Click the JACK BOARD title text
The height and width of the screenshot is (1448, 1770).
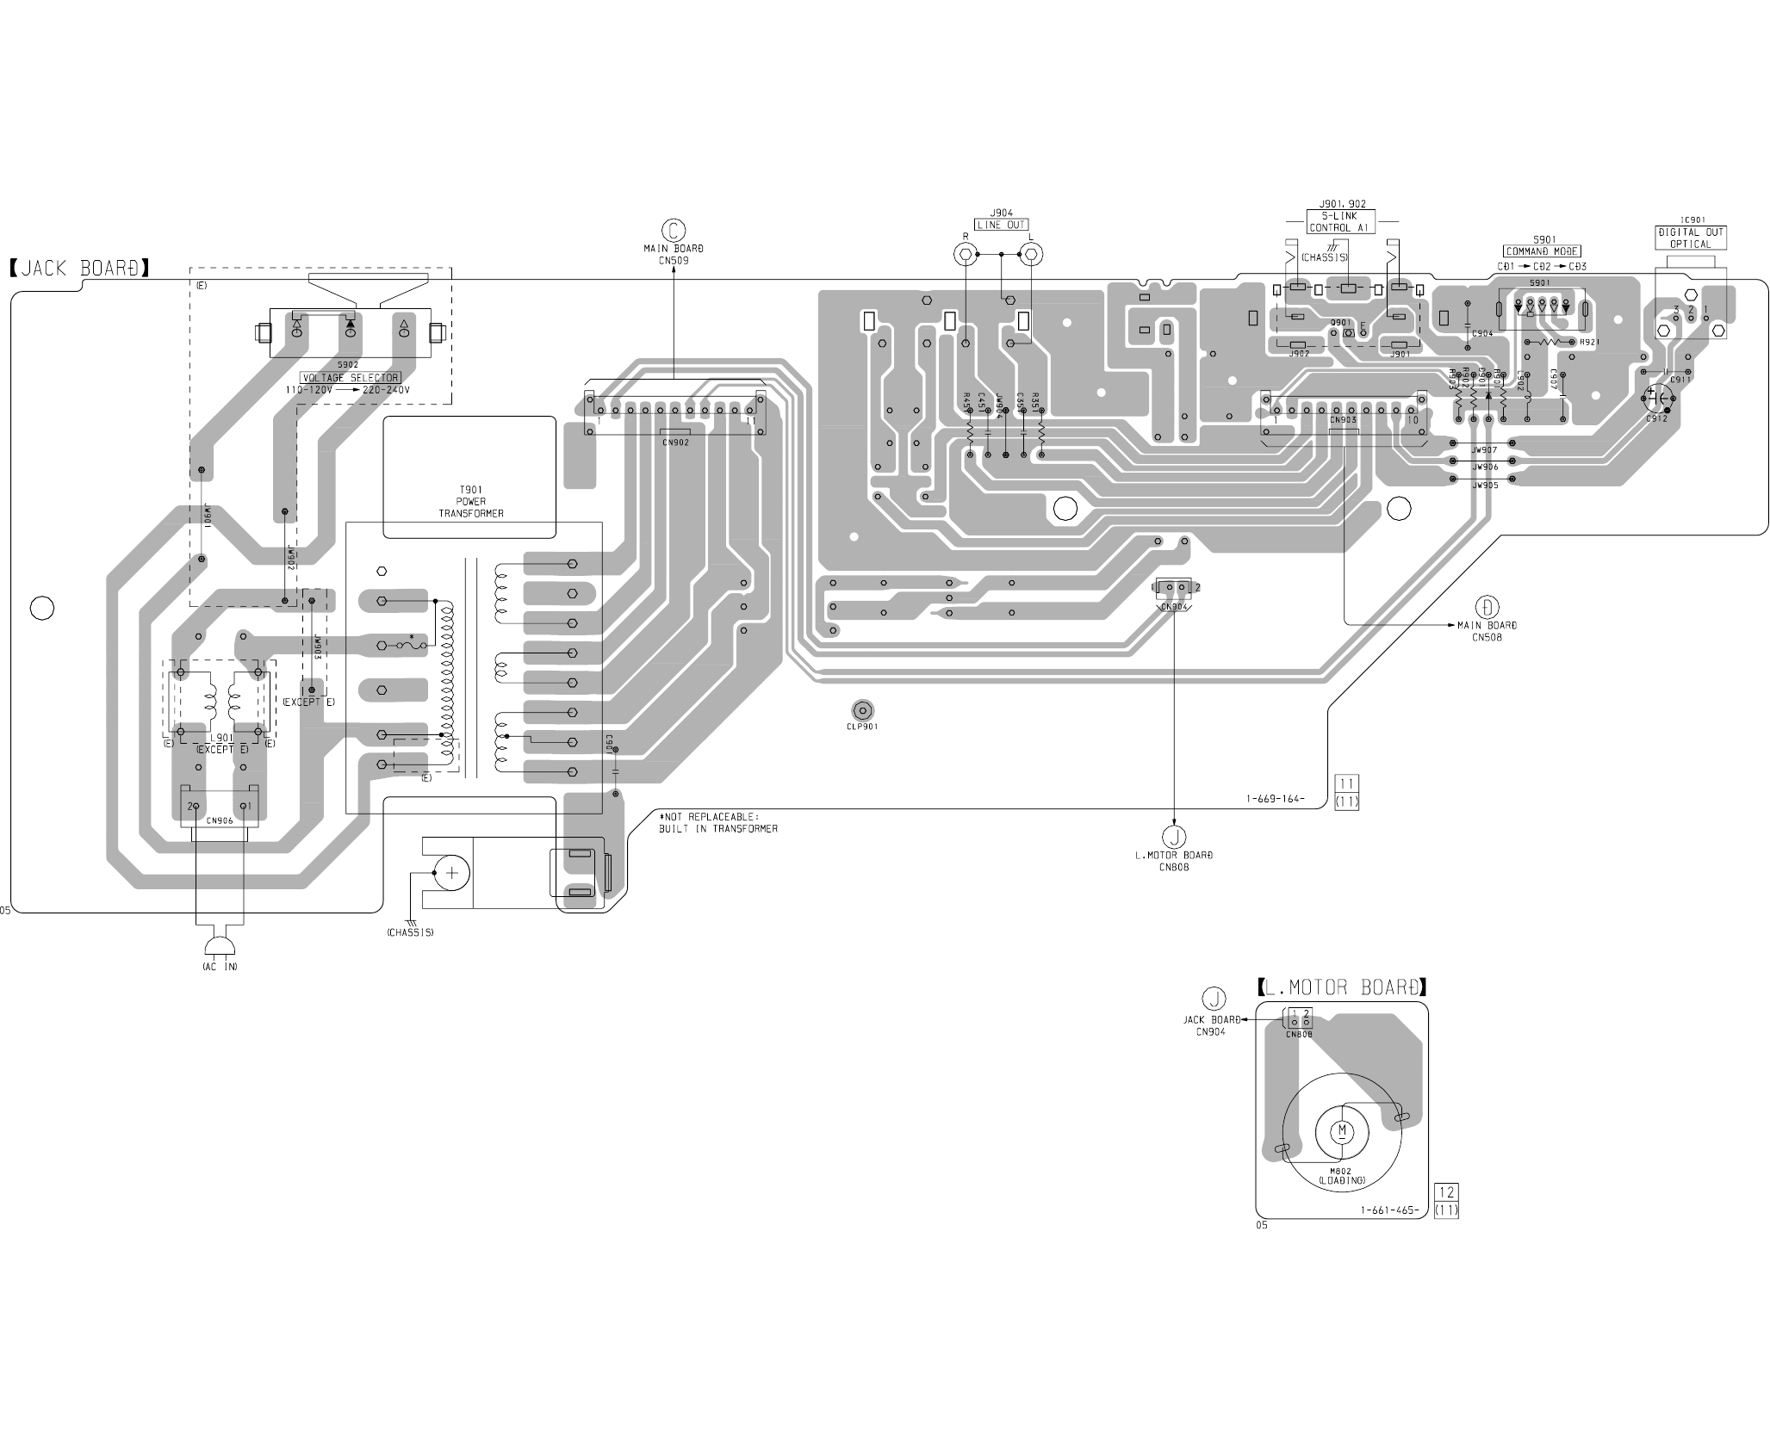coord(80,268)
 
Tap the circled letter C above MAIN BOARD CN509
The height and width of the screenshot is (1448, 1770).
coord(673,230)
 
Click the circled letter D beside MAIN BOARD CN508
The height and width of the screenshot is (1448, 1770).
coord(1487,605)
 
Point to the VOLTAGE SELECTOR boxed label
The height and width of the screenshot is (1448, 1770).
coord(350,377)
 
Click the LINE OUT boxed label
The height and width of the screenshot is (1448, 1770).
coord(1001,225)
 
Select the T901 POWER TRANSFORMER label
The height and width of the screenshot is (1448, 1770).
coord(471,501)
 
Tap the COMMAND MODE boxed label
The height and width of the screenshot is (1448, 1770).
coord(1543,251)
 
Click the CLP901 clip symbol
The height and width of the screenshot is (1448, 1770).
coord(862,710)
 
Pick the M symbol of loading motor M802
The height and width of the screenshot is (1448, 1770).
coord(1342,1129)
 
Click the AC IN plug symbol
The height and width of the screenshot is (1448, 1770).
coord(220,945)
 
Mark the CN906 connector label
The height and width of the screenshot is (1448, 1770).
coord(220,820)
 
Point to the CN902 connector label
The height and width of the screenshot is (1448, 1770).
coord(675,442)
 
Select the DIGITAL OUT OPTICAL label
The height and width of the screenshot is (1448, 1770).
coord(1691,238)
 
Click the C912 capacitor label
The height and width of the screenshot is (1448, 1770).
coord(1656,418)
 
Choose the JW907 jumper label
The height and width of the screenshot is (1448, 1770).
coord(1484,450)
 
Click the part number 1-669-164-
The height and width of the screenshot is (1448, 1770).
coord(1275,799)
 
